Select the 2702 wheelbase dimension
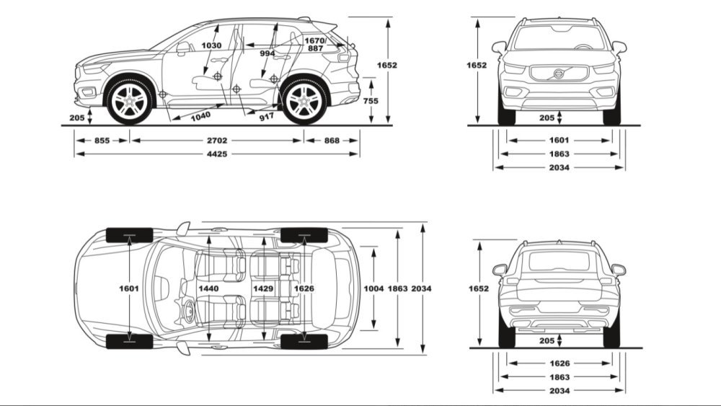[x=216, y=141]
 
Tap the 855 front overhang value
[x=102, y=141]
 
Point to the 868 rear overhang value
[x=332, y=141]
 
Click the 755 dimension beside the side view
[x=370, y=101]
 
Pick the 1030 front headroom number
[x=211, y=45]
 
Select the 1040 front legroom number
[x=201, y=115]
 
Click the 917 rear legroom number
[x=266, y=115]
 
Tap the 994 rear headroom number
[x=267, y=53]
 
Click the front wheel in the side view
[x=130, y=102]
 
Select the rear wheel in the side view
[x=304, y=102]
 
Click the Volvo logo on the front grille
[x=559, y=74]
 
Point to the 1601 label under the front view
[x=559, y=141]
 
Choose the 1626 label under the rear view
[x=559, y=363]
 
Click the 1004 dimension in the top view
[x=374, y=288]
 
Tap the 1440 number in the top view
[x=208, y=288]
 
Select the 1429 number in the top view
[x=264, y=288]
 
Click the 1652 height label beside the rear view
[x=478, y=288]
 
